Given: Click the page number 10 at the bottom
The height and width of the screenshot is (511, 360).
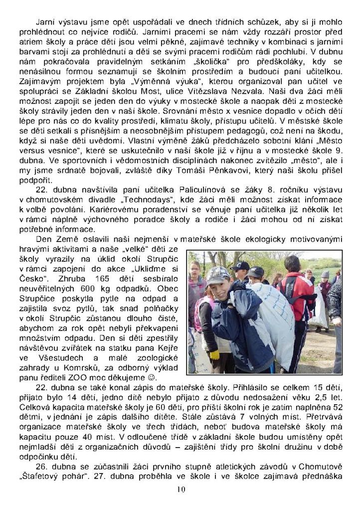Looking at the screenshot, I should [180, 490].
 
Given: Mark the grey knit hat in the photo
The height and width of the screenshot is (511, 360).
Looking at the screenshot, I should [325, 274].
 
